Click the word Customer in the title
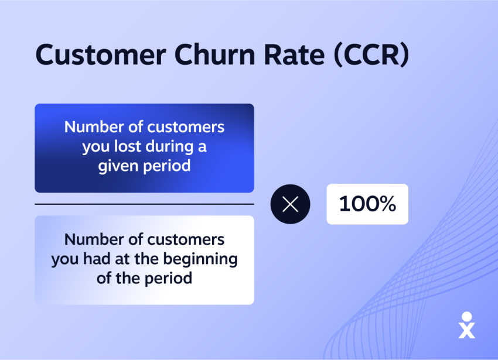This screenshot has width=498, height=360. click(101, 54)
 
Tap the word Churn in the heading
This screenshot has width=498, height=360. click(215, 54)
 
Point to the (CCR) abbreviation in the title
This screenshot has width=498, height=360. click(371, 55)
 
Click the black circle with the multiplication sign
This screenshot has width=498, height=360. click(290, 204)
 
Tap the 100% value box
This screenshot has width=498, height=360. click(367, 204)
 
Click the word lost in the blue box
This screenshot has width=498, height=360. click(127, 146)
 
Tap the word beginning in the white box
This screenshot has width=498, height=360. click(200, 259)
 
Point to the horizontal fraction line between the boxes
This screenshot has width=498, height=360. click(145, 204)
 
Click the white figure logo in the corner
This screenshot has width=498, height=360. click(467, 325)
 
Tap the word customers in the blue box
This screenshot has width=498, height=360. click(186, 127)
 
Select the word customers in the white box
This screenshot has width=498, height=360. click(186, 239)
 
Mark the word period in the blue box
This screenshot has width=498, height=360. click(167, 166)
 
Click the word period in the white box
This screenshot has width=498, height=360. click(168, 279)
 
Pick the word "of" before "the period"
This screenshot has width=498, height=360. click(104, 279)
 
